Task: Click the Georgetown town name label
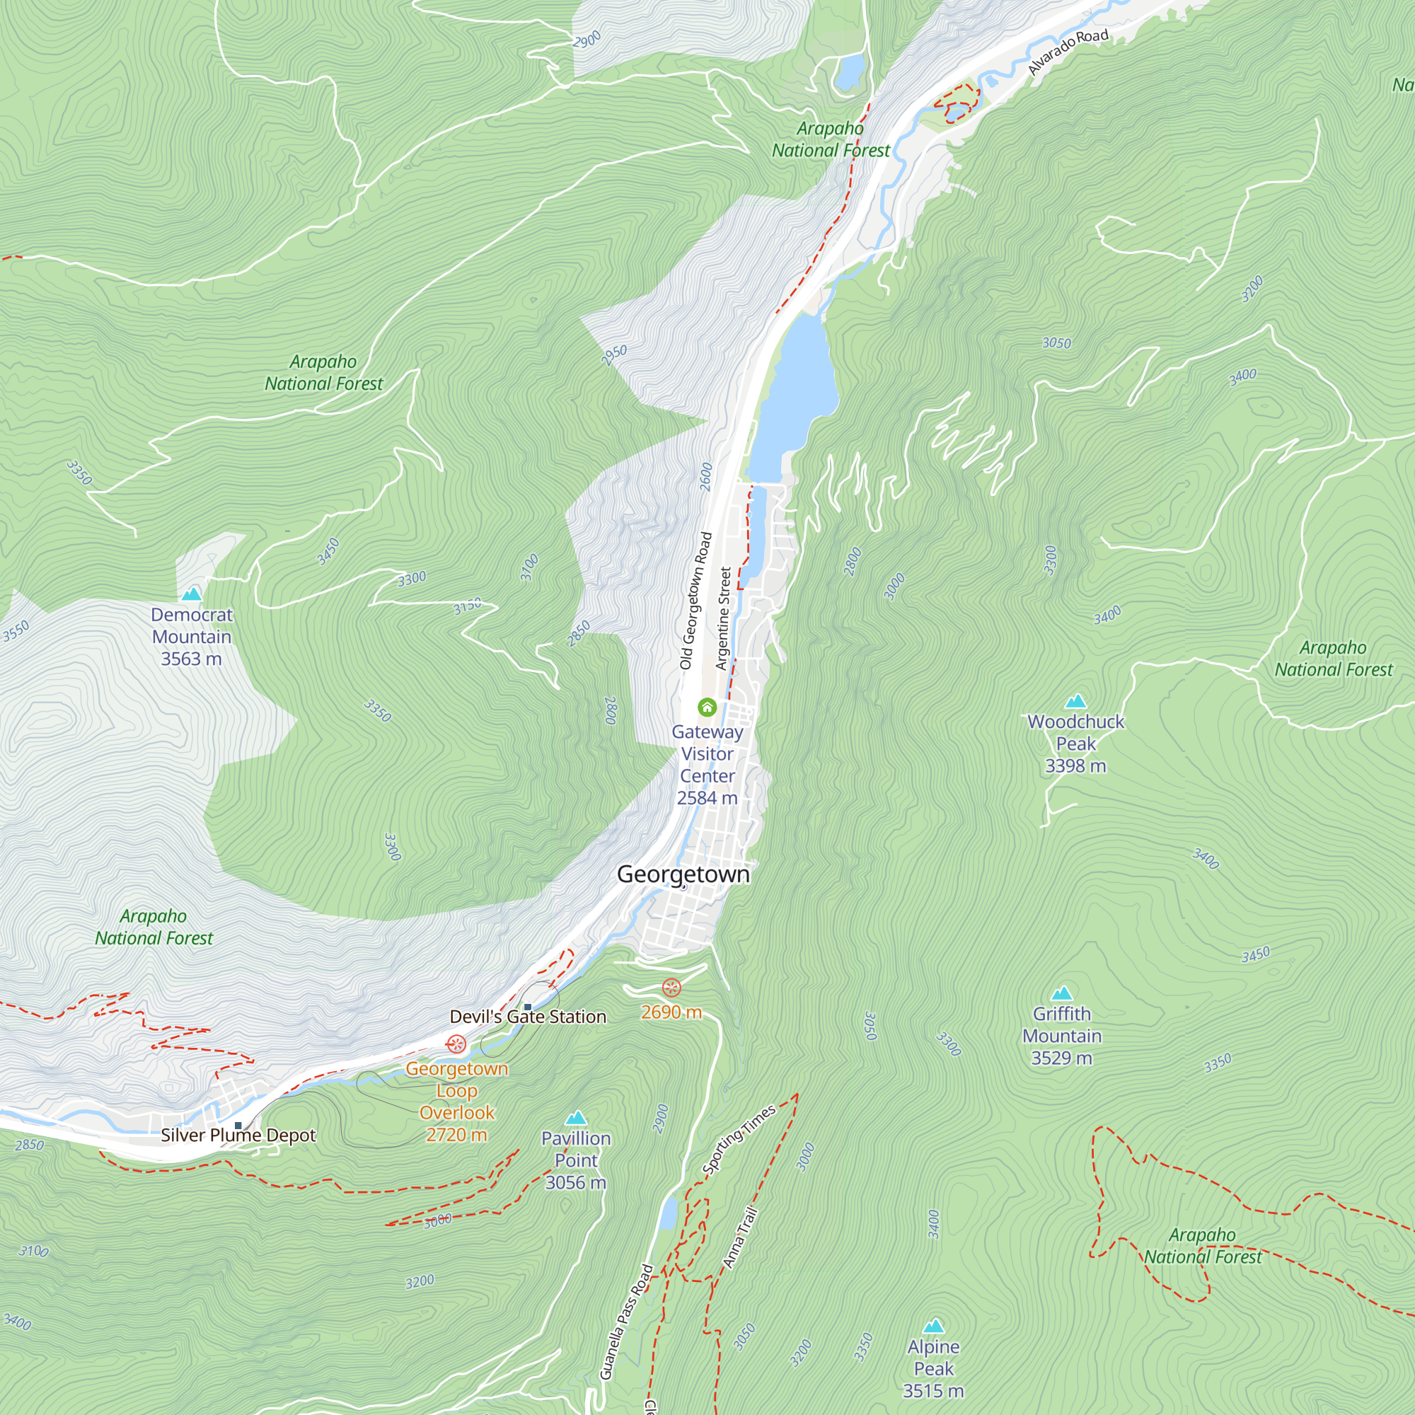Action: tap(683, 874)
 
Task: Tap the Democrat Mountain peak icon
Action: tap(192, 594)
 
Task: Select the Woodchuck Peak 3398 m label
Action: tap(1075, 744)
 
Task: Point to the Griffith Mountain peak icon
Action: tap(1061, 994)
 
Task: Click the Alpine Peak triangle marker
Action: tap(933, 1327)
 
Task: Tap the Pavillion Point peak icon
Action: tap(577, 1119)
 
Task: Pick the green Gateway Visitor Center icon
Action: tap(707, 707)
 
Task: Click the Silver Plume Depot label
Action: tap(238, 1136)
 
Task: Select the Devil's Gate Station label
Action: tap(528, 1017)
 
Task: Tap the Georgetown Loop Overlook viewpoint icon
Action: tap(456, 1044)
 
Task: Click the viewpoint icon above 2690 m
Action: tap(671, 988)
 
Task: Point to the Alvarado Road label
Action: tap(1068, 52)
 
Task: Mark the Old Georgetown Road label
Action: tap(695, 601)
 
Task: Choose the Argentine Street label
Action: tap(723, 618)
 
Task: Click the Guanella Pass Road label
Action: tap(625, 1322)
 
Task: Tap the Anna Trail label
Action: tap(741, 1237)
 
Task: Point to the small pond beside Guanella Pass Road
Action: tap(667, 1213)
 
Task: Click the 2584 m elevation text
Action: tap(707, 797)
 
